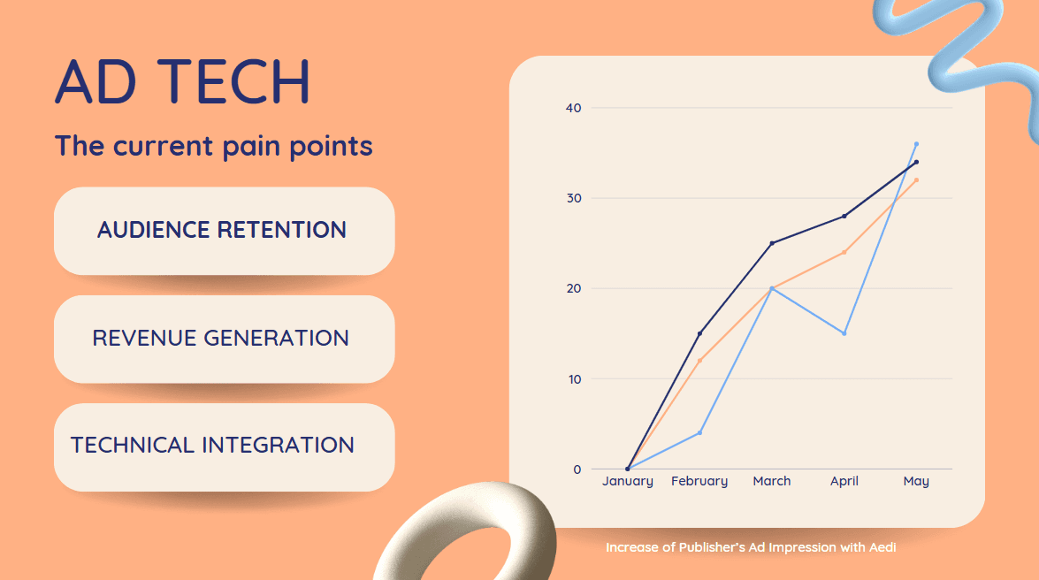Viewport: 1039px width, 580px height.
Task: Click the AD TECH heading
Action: [182, 80]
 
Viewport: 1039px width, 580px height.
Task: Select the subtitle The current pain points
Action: [213, 147]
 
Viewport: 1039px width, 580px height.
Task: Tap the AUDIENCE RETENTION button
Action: [224, 231]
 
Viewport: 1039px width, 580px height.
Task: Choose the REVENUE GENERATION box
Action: [224, 339]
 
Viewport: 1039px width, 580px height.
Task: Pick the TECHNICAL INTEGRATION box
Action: [224, 446]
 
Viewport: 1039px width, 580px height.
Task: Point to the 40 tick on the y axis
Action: [573, 108]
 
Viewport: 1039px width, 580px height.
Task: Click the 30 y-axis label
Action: [573, 198]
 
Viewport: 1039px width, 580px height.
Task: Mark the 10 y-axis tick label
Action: [574, 379]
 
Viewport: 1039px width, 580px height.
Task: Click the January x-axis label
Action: [628, 481]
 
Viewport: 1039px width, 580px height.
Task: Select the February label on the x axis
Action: [699, 481]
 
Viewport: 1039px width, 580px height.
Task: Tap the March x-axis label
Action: [771, 481]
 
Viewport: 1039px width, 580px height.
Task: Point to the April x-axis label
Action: [844, 481]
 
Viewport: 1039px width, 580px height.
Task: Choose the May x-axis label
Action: [916, 481]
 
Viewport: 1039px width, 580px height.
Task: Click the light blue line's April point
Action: [844, 333]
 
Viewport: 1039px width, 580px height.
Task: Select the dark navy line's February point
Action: [699, 333]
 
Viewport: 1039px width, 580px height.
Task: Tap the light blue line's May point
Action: [916, 144]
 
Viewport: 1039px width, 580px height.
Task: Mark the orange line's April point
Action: [844, 252]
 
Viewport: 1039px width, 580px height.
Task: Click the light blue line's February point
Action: [699, 433]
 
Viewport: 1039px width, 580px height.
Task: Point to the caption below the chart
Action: [751, 547]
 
